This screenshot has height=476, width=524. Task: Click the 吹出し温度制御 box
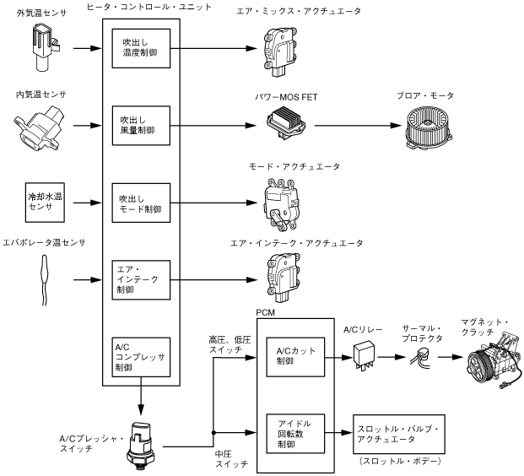coord(140,49)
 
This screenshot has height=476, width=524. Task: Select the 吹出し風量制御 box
coord(140,127)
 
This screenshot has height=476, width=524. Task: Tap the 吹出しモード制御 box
coord(140,203)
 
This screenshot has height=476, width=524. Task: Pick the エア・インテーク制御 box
coord(140,279)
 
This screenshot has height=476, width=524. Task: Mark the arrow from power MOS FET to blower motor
coord(355,127)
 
